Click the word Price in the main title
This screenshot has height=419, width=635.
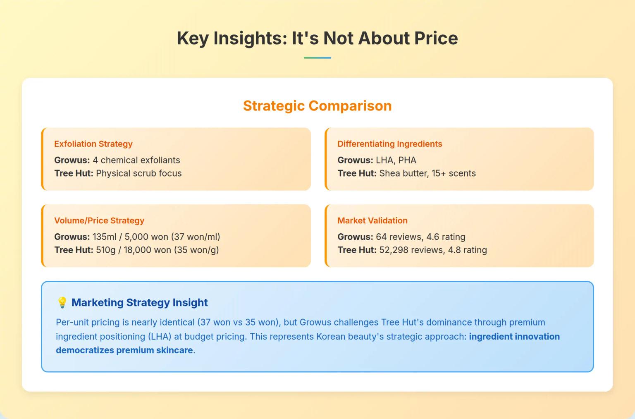point(436,38)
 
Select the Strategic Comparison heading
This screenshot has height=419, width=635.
point(317,106)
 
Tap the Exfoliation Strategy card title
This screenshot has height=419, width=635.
point(93,144)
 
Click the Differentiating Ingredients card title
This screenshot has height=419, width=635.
point(389,144)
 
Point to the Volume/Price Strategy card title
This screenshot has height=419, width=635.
point(99,220)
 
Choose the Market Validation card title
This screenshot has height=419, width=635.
point(372,220)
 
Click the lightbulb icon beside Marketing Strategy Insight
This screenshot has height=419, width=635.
point(62,302)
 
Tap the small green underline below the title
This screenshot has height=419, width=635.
point(317,57)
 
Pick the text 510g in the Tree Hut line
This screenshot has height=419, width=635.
point(105,250)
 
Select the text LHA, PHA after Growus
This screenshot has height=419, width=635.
point(396,160)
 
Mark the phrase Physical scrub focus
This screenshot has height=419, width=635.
point(138,173)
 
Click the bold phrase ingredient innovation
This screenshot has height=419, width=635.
point(514,336)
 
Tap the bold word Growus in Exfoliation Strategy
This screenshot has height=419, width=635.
point(72,160)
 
